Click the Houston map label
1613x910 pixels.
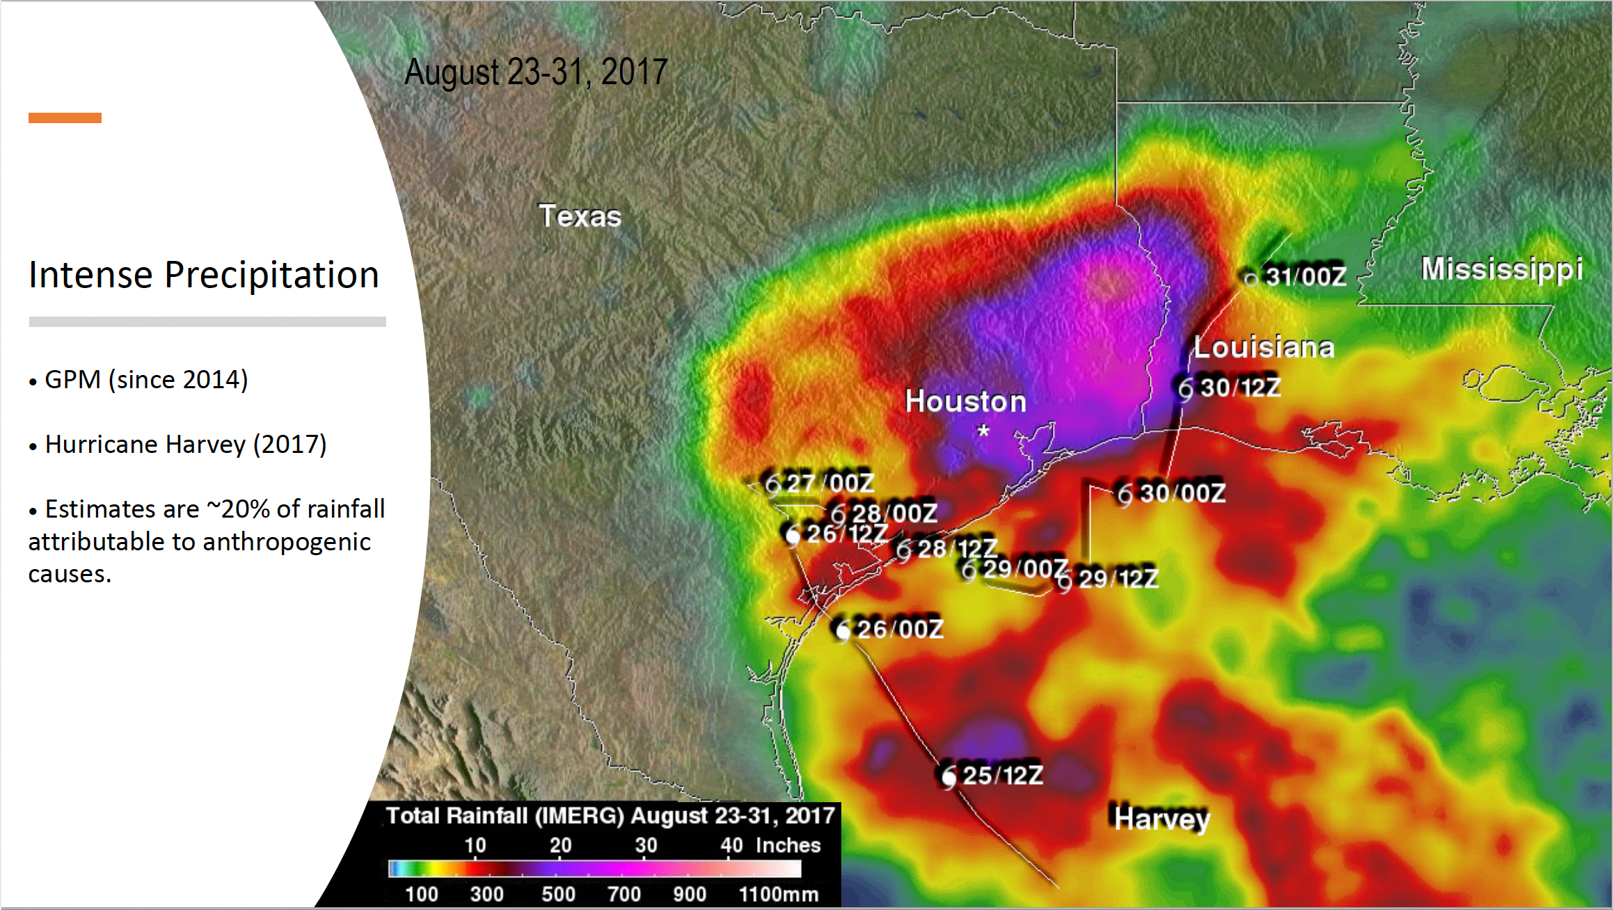coord(965,401)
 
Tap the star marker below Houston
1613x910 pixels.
coord(983,431)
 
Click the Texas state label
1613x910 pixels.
coord(580,216)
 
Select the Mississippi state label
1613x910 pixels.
coord(1501,270)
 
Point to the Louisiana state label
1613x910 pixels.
coord(1264,347)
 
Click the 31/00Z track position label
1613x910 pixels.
coord(1305,277)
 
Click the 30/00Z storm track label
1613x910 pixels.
coord(1182,493)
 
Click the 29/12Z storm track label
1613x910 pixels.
coord(1118,578)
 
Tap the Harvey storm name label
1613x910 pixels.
coord(1161,819)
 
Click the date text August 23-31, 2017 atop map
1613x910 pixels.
coord(536,72)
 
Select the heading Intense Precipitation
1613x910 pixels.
coord(204,275)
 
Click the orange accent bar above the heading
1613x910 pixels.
coord(65,118)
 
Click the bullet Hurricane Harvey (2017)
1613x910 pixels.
coord(185,445)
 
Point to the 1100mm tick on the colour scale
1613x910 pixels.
coord(778,894)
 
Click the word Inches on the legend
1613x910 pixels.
coord(788,845)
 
